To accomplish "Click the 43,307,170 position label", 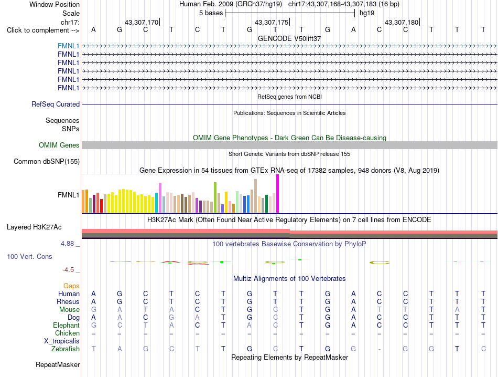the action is (142, 22).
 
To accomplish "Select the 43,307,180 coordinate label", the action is (402, 22).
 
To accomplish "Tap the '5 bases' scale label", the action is (211, 13).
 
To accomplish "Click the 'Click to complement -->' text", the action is (43, 30).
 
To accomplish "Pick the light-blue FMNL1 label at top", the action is (68, 46).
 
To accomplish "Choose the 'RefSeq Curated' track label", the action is (56, 104).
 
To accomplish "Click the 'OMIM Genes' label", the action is (59, 145).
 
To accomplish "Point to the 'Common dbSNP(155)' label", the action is (46, 161).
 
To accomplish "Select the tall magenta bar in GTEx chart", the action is (278, 193).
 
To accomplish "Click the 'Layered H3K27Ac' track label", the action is (34, 227).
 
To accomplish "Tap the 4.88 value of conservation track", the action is (67, 244).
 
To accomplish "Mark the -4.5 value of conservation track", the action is (68, 270).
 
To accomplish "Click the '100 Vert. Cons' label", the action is (29, 256).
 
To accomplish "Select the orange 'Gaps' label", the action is (71, 286).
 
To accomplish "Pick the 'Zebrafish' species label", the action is (66, 349).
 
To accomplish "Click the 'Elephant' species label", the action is (66, 325).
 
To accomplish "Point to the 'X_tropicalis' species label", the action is (62, 341).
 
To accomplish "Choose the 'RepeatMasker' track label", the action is (58, 364).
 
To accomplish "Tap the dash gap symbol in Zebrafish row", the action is (379, 349).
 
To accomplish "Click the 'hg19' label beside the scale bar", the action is (367, 13).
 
